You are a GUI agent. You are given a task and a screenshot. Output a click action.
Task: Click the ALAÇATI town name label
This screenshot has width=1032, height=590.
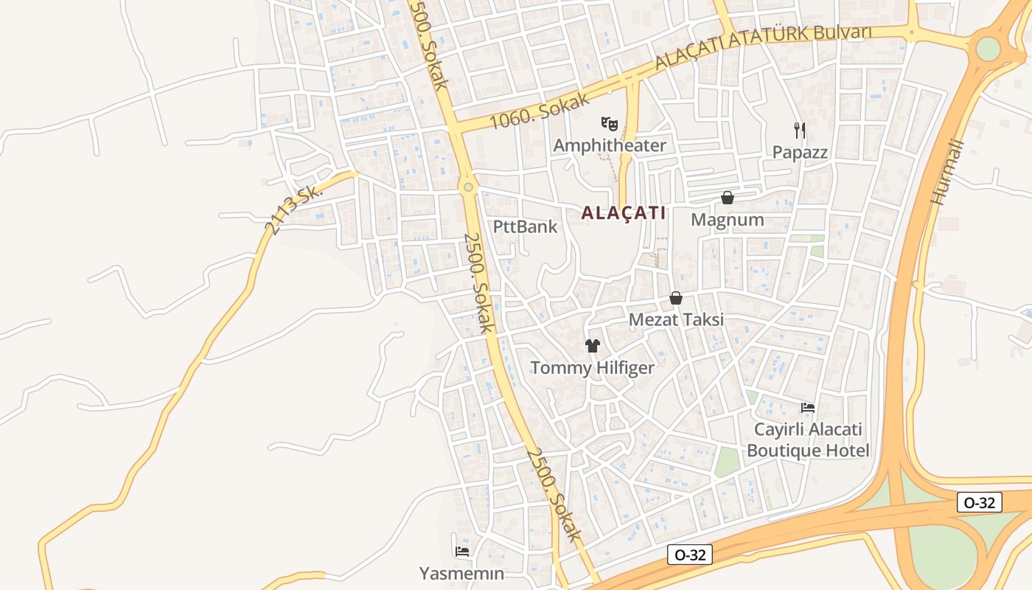(x=623, y=213)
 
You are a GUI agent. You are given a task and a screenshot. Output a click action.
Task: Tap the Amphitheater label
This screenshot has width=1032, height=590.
(x=609, y=145)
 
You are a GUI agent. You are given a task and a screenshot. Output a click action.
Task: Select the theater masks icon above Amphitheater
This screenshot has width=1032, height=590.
(x=608, y=123)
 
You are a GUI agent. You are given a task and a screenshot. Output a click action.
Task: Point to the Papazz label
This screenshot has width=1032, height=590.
(x=800, y=153)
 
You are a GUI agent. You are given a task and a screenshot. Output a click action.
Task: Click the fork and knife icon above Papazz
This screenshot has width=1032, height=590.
(x=800, y=131)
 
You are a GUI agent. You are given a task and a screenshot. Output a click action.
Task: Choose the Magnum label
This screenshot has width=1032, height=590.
(x=727, y=220)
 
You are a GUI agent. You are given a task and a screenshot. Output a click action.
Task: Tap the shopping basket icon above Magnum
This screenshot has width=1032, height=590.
(x=728, y=198)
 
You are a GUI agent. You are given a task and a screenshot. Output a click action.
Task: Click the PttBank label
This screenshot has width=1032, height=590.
(x=526, y=226)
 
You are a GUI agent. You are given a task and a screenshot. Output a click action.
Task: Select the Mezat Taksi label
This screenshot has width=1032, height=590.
(x=676, y=320)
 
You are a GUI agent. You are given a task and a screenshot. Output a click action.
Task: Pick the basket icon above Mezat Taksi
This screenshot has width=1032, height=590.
(x=676, y=298)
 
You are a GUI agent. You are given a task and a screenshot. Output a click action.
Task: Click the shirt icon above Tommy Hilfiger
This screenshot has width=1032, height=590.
(x=593, y=345)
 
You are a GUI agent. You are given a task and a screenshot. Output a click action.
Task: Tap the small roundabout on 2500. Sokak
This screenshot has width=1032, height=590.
(x=468, y=187)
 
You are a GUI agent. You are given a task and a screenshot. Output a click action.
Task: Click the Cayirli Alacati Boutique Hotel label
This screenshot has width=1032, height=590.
(x=808, y=440)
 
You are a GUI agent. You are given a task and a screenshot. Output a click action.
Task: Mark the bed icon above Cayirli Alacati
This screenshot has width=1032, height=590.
(x=808, y=407)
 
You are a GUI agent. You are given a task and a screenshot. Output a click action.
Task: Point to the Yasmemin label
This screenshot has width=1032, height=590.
(x=462, y=573)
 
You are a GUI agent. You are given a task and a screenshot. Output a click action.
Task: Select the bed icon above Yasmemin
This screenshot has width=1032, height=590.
(x=462, y=551)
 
